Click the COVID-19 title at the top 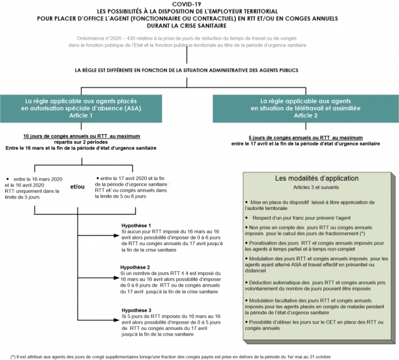199,4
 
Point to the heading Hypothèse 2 135,267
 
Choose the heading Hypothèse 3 135,310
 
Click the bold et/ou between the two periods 77,186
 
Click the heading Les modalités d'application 316,179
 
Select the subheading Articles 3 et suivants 316,188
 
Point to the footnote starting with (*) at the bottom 192,355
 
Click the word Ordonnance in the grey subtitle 90,40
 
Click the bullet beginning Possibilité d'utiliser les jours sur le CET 316,326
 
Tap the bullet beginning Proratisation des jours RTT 316,246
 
